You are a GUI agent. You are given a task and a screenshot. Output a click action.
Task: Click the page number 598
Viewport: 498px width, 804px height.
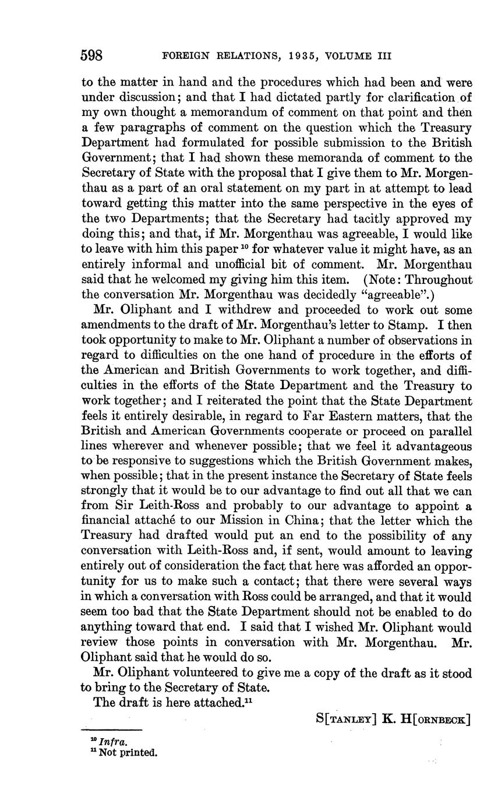pos(91,56)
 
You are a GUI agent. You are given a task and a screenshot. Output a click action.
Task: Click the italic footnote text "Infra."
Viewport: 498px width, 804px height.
pos(114,742)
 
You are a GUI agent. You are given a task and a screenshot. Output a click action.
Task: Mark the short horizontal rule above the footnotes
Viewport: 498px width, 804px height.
pos(112,730)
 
